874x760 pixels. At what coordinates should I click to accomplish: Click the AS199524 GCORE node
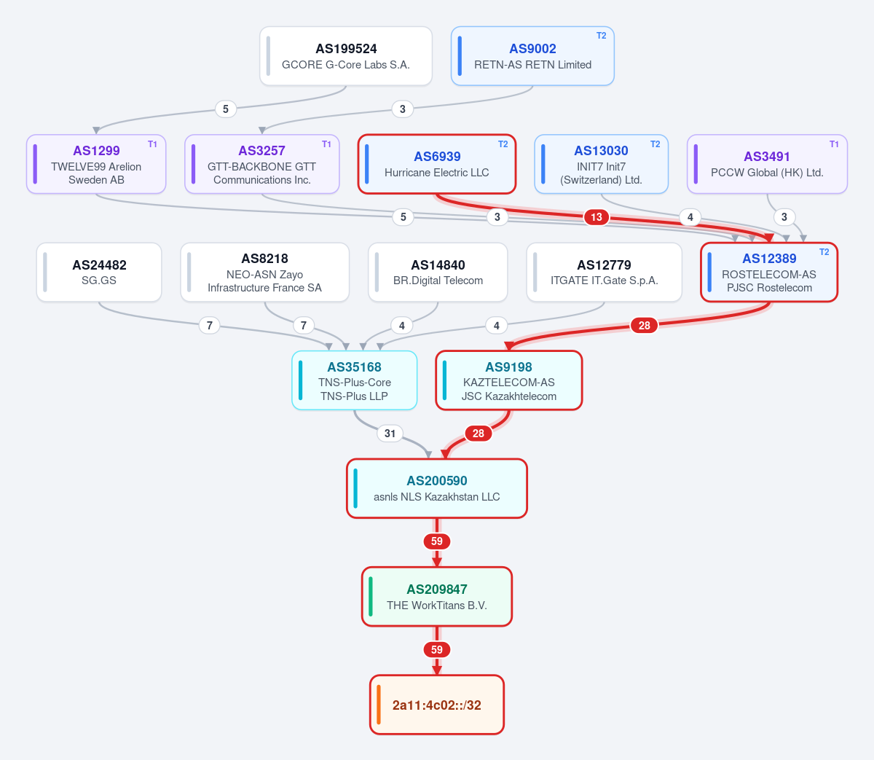click(345, 56)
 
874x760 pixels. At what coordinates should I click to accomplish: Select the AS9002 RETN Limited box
click(532, 56)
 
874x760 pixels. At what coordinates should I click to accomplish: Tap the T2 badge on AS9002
click(601, 36)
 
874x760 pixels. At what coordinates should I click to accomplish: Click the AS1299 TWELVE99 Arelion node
click(96, 164)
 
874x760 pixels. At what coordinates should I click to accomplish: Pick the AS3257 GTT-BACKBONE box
click(262, 164)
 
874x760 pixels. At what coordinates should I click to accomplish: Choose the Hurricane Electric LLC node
click(436, 164)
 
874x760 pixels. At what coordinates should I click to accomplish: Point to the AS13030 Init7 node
click(601, 164)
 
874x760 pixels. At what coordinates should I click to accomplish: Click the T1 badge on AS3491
click(834, 144)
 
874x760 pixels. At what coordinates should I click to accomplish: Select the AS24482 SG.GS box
click(99, 272)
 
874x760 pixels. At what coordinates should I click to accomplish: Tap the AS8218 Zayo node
click(265, 272)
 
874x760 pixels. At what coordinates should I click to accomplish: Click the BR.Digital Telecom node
click(438, 272)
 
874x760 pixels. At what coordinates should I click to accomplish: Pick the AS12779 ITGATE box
click(604, 272)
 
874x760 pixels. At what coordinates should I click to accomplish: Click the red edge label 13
click(597, 217)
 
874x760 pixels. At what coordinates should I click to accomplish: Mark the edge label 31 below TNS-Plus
click(390, 433)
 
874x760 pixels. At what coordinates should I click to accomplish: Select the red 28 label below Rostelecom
click(644, 326)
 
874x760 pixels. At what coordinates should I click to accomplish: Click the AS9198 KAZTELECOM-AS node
click(509, 380)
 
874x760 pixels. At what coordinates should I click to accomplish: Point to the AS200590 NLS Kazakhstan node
click(436, 488)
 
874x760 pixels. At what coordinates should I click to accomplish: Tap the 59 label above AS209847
click(436, 541)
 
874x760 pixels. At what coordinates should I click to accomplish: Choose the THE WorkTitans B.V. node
click(436, 596)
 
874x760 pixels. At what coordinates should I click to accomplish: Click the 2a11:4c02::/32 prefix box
click(436, 705)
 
